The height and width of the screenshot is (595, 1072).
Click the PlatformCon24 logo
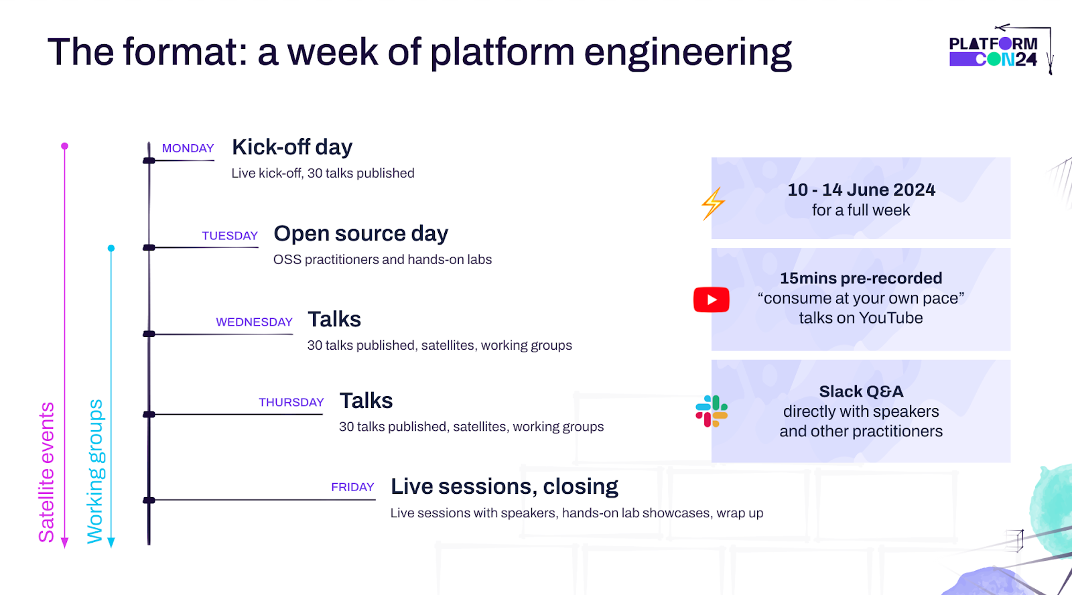tap(993, 52)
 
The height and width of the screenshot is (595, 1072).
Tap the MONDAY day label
tap(188, 148)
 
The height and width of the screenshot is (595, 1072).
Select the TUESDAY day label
tap(230, 236)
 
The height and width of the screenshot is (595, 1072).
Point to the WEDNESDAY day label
tap(254, 322)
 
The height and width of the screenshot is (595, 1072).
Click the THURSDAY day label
tap(291, 402)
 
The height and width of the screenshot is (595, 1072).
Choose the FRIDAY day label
tap(352, 487)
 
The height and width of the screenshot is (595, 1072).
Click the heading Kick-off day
tap(292, 147)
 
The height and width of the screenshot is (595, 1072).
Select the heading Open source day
tap(360, 234)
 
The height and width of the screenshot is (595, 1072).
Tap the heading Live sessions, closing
tap(504, 486)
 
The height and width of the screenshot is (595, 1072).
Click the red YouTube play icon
tap(712, 300)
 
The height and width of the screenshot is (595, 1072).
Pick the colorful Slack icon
tap(712, 411)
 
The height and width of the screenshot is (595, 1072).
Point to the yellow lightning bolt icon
tap(713, 204)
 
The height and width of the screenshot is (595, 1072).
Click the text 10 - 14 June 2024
tap(861, 190)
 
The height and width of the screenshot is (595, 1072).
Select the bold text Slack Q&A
tap(861, 391)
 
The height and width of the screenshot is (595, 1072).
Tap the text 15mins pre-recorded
tap(861, 278)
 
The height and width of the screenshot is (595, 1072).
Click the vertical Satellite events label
tap(46, 472)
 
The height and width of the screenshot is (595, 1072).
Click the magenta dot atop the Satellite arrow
tap(64, 146)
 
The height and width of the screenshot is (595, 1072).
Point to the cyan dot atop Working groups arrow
tap(111, 249)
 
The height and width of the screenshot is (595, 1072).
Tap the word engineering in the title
tap(687, 52)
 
